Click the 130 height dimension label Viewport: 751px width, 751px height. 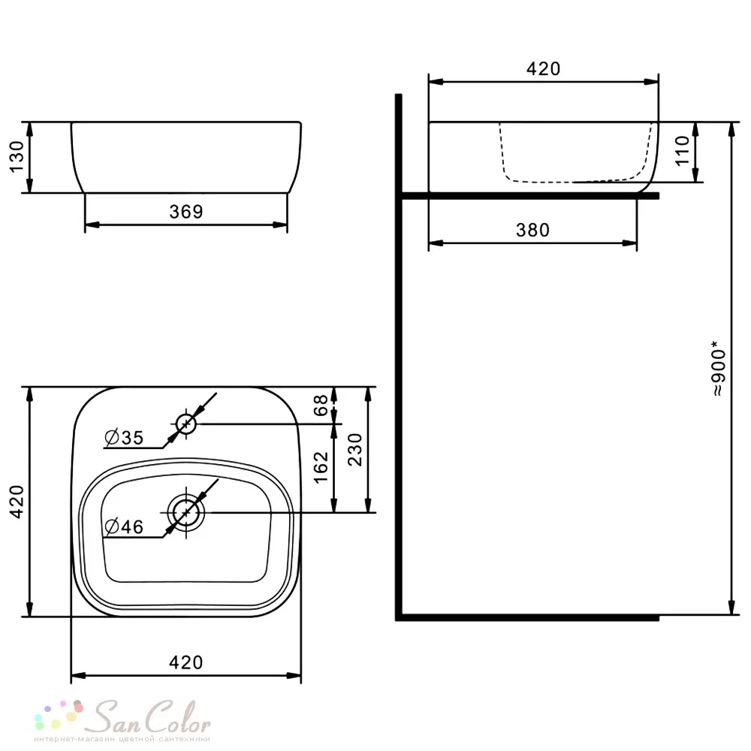(x=17, y=157)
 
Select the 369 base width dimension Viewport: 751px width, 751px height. (x=185, y=211)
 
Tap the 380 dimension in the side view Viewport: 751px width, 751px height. (x=532, y=231)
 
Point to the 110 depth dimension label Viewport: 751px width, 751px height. (x=682, y=151)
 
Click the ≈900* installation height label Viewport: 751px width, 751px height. (x=719, y=369)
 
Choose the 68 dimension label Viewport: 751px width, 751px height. (x=321, y=405)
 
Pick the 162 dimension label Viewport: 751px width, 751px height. (x=321, y=467)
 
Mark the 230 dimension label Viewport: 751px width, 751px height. (x=355, y=449)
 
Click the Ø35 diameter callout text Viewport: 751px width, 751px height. (x=124, y=437)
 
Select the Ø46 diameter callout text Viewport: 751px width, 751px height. (x=124, y=527)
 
